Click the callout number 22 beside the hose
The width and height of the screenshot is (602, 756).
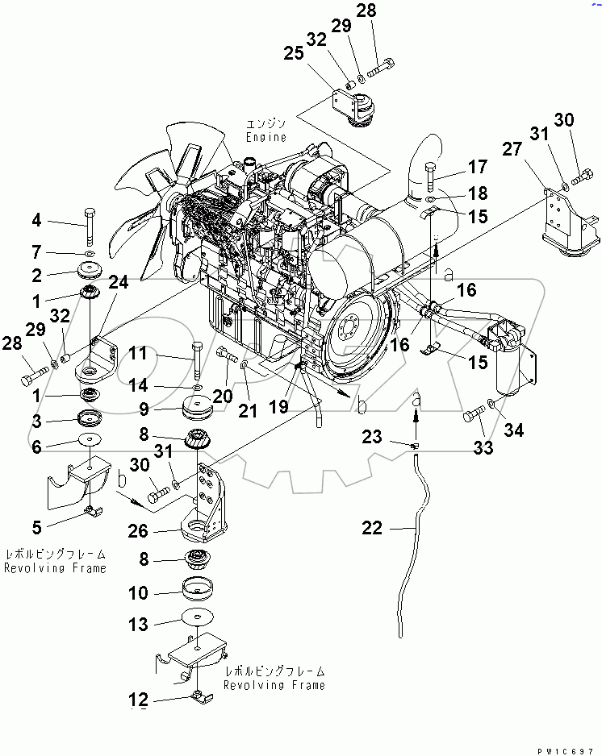coord(372,530)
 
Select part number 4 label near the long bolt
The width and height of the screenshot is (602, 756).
coord(36,222)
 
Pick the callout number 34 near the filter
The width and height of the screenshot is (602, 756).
coord(512,431)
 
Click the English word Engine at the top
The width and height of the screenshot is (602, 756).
coord(267,137)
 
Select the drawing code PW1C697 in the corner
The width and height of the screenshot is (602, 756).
coord(570,749)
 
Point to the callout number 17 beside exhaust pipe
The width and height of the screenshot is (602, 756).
coord(478,168)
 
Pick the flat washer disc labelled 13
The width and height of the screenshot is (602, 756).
coord(199,616)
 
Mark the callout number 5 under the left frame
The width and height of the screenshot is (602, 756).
coord(37,529)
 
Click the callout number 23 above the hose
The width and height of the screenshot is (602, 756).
coord(372,436)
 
